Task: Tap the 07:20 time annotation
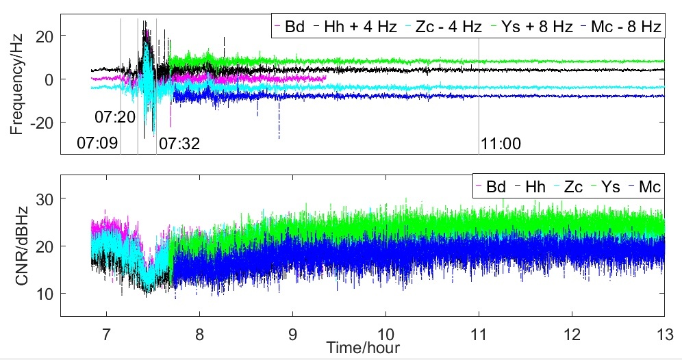115,117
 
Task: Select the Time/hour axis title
362,347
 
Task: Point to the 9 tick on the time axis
293,332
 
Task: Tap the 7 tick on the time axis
106,332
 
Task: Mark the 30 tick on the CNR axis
47,198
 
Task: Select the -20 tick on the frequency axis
42,123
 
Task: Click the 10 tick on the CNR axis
47,294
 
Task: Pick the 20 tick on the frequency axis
46,36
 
